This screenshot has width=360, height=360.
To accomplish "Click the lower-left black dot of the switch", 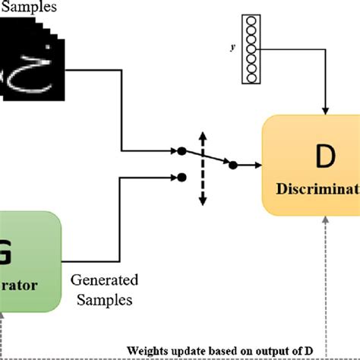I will pyautogui.click(x=181, y=178).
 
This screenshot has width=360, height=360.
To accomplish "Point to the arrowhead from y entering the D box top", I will pyautogui.click(x=326, y=113).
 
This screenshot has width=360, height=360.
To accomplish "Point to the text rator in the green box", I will pyautogui.click(x=21, y=288).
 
